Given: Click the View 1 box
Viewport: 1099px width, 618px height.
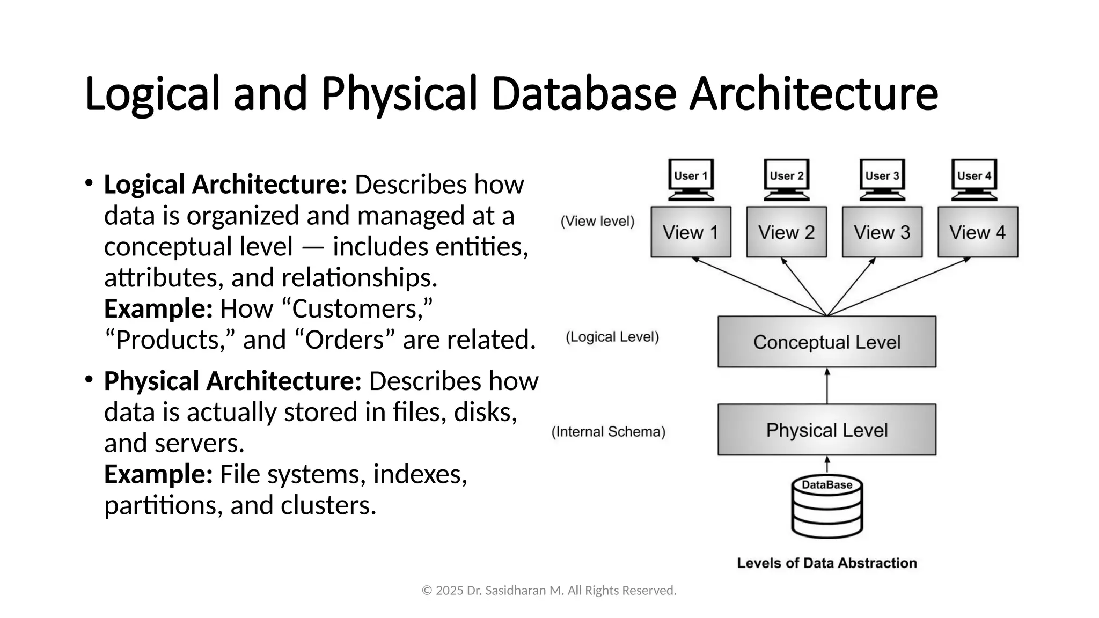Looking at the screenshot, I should (691, 232).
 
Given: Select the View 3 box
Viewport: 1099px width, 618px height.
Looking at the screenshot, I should (882, 232).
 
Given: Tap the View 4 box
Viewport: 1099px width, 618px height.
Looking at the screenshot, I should (978, 232).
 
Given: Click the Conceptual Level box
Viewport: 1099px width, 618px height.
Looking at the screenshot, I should (827, 342).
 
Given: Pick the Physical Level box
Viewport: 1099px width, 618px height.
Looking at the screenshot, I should (827, 430).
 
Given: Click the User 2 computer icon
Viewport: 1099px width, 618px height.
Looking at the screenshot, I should (787, 179).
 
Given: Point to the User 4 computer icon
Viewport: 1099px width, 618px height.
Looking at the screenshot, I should (975, 179).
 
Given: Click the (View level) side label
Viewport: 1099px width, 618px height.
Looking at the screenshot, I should (597, 221).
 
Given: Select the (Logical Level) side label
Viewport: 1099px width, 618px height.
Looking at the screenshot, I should (612, 337).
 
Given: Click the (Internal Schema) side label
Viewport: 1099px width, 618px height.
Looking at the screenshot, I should (609, 432).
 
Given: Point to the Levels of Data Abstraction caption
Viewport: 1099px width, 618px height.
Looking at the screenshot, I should (827, 563).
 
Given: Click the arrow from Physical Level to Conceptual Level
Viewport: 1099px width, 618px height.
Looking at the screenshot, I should (827, 386).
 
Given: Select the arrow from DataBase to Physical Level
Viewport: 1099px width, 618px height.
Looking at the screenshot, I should (827, 465).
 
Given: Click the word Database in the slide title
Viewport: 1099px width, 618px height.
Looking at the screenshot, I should (583, 94).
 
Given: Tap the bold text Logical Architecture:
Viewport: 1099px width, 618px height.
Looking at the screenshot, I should (225, 185).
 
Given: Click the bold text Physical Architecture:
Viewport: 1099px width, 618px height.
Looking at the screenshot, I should (233, 381).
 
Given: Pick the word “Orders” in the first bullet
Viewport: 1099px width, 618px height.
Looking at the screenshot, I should (345, 340).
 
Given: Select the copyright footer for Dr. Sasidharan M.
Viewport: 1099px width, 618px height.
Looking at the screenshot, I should (549, 591).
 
